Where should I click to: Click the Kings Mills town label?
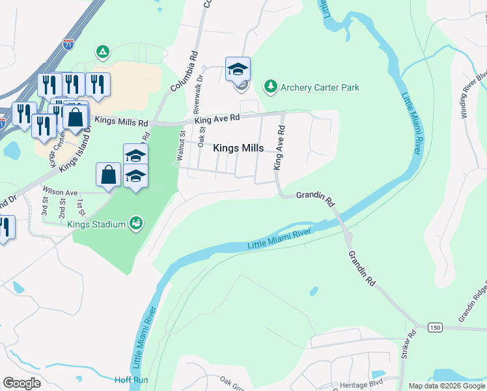(238, 149)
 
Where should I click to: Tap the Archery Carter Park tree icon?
(270, 87)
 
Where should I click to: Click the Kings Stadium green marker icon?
(136, 224)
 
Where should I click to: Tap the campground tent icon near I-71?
(102, 51)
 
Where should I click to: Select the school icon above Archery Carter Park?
(238, 68)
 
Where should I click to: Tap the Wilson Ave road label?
(60, 192)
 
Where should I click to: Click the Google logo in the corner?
(21, 383)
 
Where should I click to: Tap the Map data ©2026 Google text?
(446, 386)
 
